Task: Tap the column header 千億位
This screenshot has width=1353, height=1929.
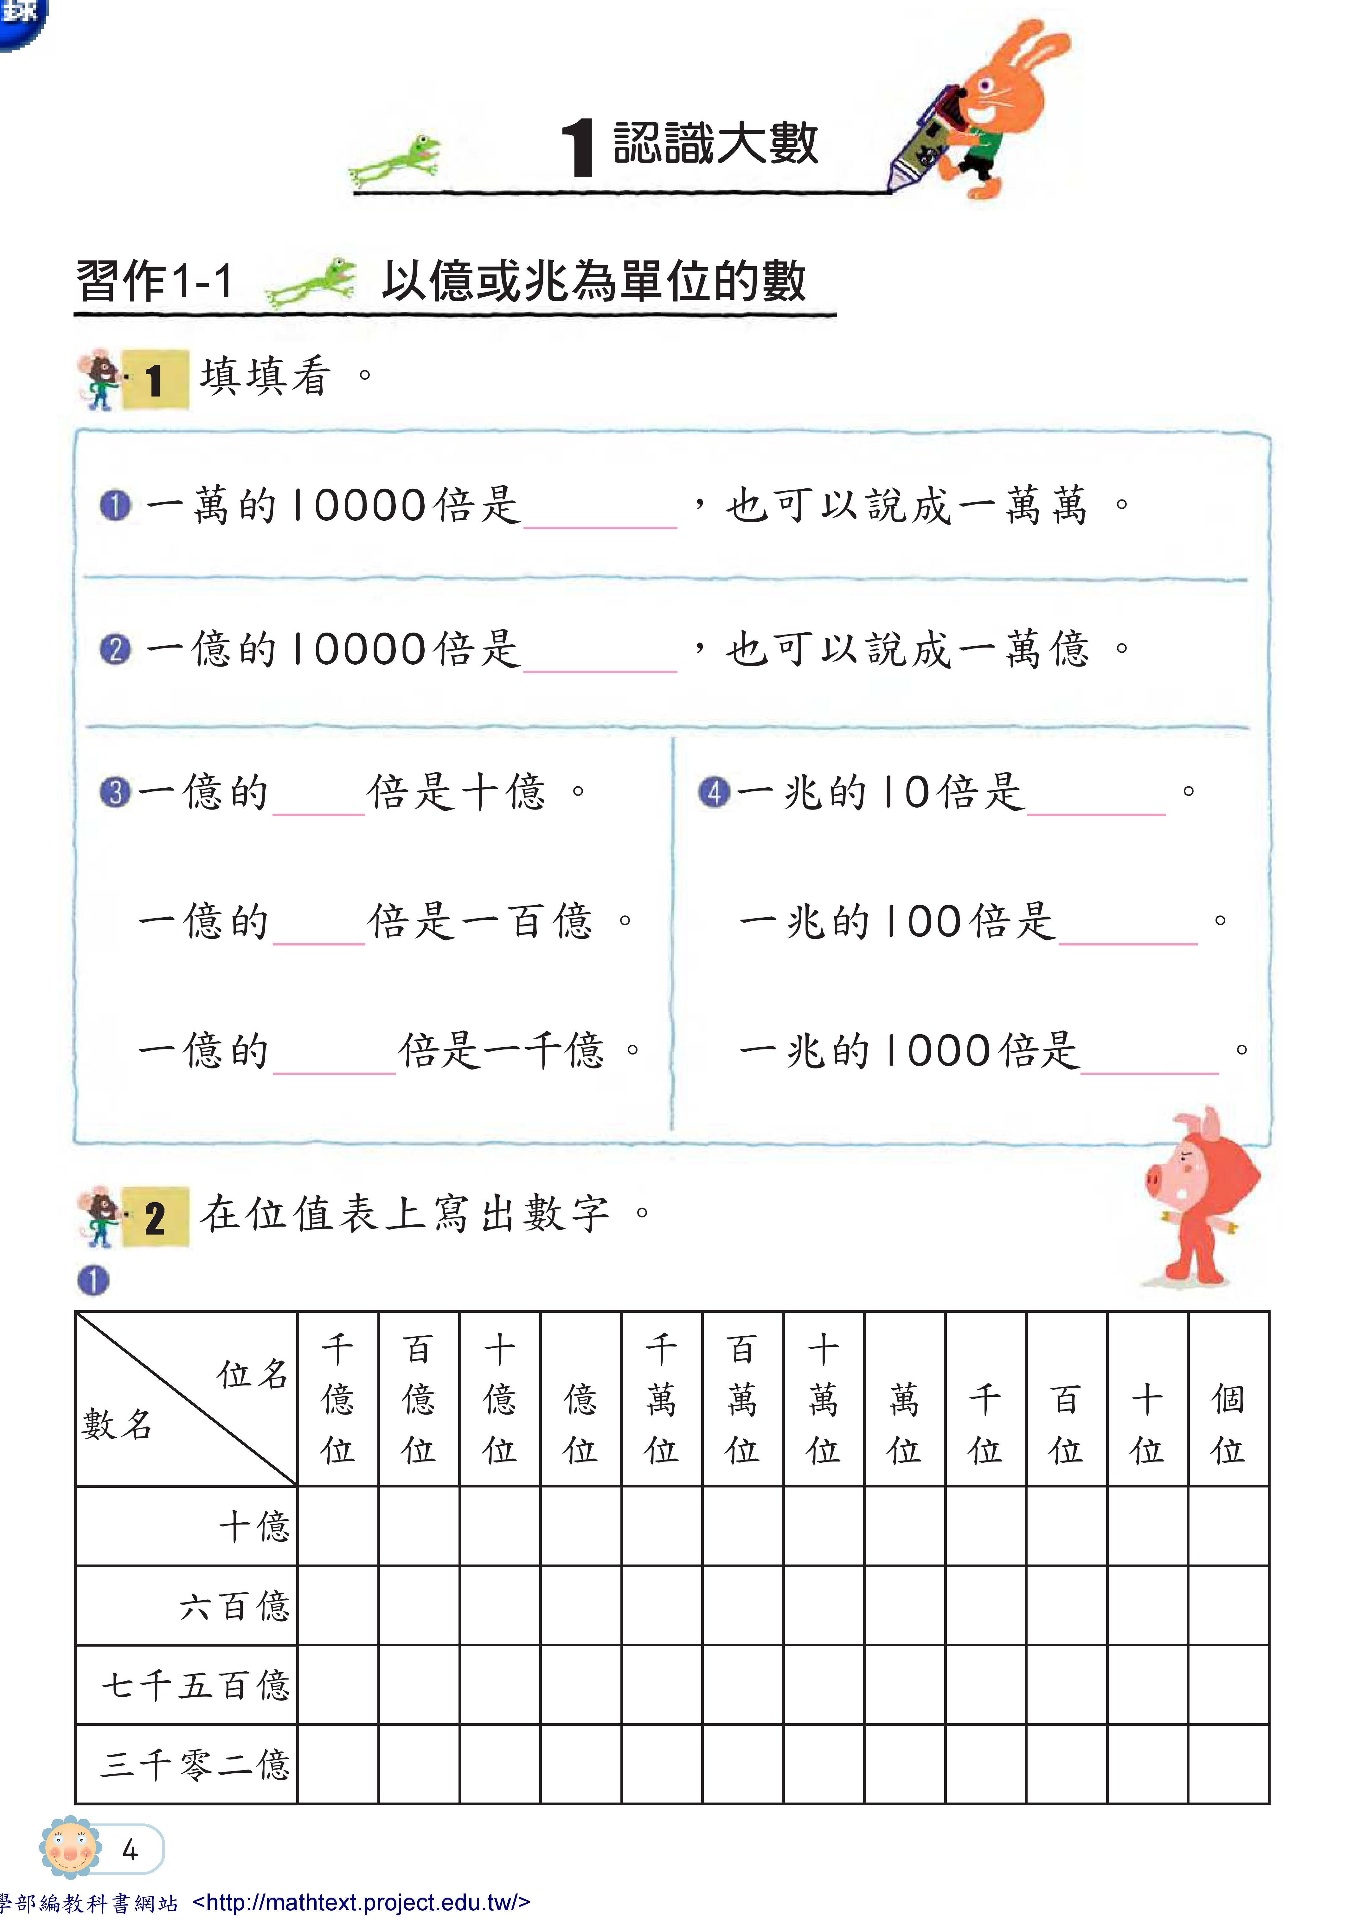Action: coord(338,1399)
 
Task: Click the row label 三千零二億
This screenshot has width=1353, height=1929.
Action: coord(195,1764)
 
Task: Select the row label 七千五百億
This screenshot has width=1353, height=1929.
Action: coord(195,1685)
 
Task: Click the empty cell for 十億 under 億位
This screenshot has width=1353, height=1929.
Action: coord(580,1526)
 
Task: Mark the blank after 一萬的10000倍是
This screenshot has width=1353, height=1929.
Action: coord(600,508)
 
